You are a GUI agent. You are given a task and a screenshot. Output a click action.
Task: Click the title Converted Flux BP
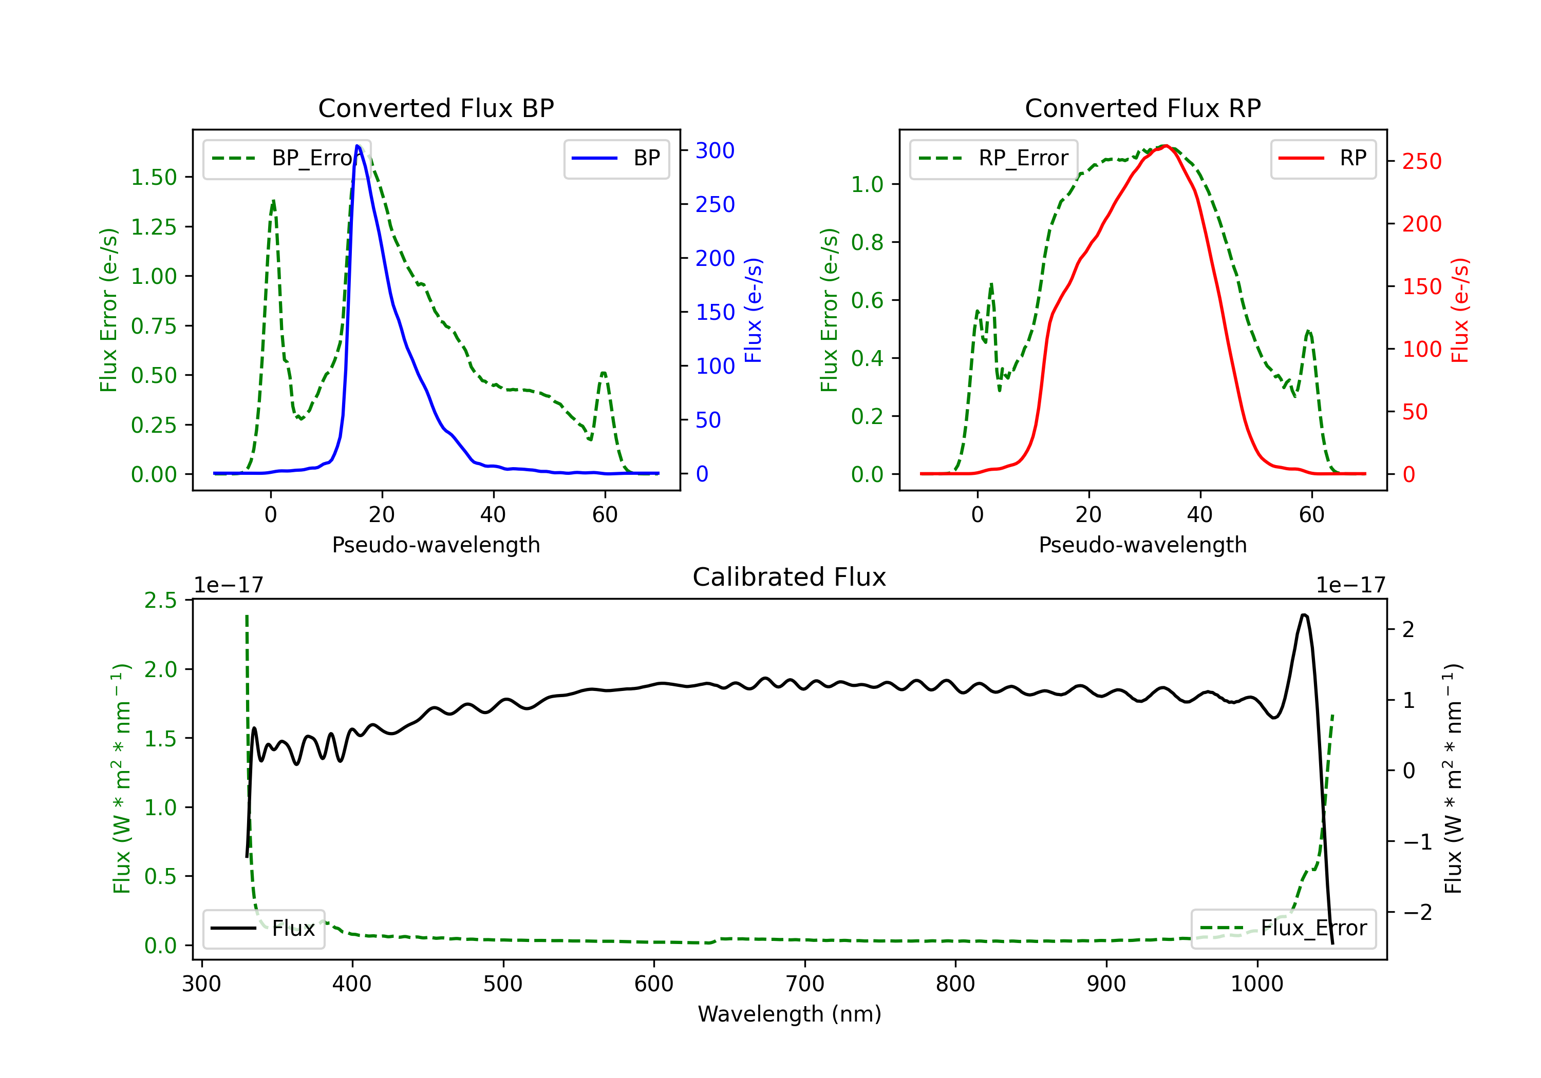[436, 108]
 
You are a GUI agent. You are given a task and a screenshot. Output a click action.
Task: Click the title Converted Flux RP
[1142, 108]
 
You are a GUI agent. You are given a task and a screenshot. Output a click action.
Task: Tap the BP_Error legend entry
[287, 158]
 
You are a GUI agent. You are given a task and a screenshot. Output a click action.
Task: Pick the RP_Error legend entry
[994, 158]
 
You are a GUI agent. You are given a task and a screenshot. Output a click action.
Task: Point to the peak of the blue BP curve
[358, 146]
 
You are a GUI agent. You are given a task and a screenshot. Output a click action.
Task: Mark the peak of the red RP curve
[1167, 146]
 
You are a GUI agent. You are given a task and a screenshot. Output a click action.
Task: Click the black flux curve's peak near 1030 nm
[1303, 614]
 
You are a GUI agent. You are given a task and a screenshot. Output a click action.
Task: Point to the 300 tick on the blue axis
[715, 150]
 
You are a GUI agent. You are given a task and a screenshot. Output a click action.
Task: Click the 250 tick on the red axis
[1421, 161]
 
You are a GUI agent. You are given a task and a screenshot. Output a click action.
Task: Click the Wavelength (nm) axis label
[790, 1014]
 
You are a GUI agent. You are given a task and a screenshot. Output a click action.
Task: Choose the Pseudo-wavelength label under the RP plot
[1142, 545]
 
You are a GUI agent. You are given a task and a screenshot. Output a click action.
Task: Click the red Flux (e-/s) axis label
[1460, 310]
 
